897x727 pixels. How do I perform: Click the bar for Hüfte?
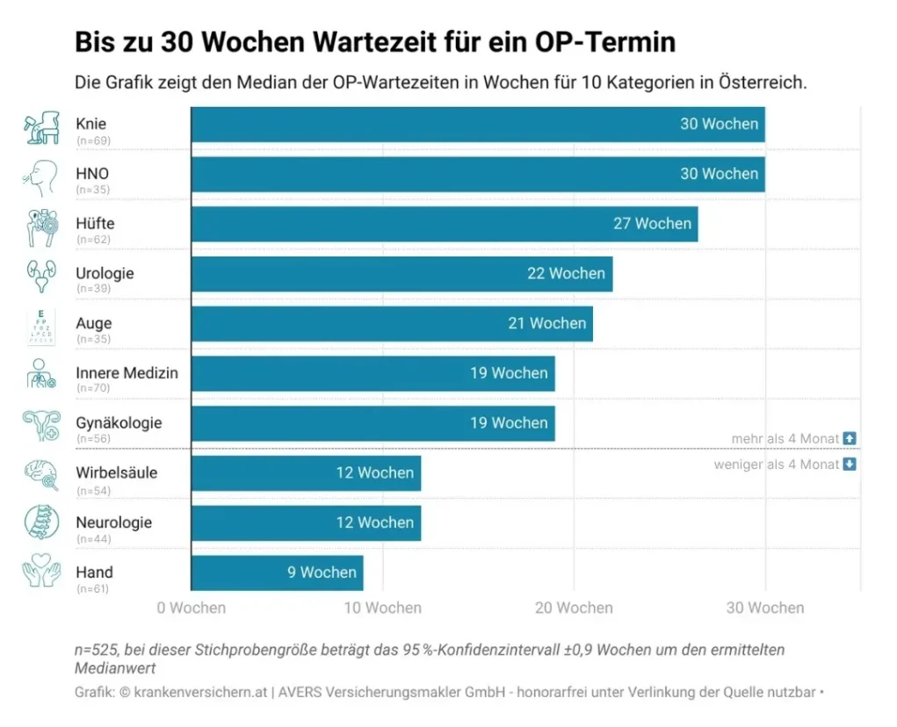(445, 224)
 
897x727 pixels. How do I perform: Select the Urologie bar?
(401, 274)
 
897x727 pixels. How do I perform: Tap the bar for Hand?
(277, 572)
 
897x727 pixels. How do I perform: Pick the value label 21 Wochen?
(546, 323)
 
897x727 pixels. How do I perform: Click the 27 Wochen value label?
(652, 224)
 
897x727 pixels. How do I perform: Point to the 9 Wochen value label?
(322, 572)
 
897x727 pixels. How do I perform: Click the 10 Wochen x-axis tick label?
(382, 608)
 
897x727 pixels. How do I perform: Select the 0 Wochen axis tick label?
(192, 608)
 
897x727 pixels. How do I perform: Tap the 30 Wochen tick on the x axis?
(764, 608)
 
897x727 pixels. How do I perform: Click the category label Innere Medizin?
(127, 373)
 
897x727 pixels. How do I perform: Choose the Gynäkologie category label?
(119, 422)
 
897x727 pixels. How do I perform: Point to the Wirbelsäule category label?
(116, 472)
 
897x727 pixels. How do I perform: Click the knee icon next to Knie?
(40, 128)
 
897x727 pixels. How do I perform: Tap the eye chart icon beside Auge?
(40, 327)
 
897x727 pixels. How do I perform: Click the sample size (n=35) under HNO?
(93, 190)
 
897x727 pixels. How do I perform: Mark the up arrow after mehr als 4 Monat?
(849, 438)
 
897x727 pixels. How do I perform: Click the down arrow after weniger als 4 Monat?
(849, 464)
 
